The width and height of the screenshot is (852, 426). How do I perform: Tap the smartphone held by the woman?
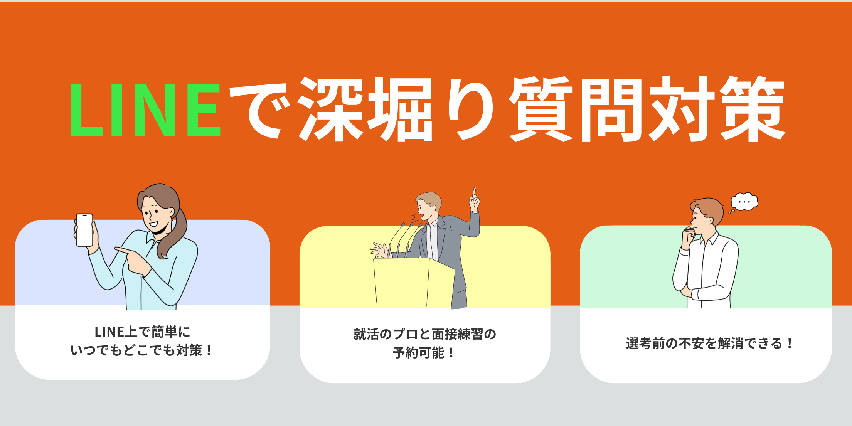click(84, 230)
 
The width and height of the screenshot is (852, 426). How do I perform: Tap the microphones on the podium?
click(405, 239)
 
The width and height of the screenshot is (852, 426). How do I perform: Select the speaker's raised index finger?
click(475, 191)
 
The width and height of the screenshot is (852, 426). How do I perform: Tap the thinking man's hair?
click(709, 208)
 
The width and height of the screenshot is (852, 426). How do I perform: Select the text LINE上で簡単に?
click(142, 332)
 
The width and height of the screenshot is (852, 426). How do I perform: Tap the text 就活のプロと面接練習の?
click(424, 334)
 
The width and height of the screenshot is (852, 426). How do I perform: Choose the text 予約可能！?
click(424, 352)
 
